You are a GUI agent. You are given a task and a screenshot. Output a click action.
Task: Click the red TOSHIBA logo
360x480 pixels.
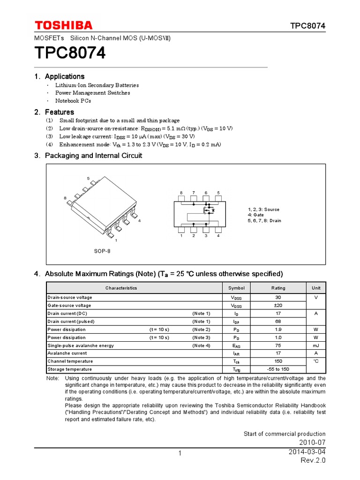coord(63,25)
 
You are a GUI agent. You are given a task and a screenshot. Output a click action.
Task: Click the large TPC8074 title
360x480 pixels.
coord(70,53)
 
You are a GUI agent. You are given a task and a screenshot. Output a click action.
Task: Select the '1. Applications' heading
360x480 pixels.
coord(60,76)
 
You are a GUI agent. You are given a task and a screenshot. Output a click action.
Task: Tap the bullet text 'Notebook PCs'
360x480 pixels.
coord(73,101)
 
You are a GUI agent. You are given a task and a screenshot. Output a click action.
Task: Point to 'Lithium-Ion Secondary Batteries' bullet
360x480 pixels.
coord(97,85)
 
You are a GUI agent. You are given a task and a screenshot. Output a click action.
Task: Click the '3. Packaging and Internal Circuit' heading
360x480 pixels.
coord(88,155)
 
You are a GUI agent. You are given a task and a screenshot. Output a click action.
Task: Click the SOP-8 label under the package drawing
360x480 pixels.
coord(102,251)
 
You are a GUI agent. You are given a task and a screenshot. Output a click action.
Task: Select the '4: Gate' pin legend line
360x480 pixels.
coord(256,215)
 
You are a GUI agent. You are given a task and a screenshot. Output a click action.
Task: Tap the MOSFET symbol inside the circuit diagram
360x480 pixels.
coord(208,210)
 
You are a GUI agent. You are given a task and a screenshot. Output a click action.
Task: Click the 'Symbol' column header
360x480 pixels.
coord(236,288)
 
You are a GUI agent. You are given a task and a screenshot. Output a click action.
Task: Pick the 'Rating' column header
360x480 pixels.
coord(278,288)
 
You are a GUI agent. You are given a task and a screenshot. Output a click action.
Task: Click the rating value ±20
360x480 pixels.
coord(278,305)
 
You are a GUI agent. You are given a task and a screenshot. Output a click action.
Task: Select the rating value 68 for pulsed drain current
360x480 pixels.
coord(278,322)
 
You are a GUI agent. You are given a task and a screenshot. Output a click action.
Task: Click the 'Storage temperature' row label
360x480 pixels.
coord(70,369)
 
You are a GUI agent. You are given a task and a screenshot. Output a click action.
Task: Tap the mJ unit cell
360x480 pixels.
coord(315,345)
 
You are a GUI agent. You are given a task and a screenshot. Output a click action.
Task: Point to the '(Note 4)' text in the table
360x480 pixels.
coord(201,345)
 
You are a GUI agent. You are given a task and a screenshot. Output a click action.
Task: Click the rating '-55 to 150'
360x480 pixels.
coord(278,369)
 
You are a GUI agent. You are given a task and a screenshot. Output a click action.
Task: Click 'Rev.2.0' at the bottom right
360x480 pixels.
coord(313,460)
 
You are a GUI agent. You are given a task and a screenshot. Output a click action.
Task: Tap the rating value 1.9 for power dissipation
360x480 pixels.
coord(278,330)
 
